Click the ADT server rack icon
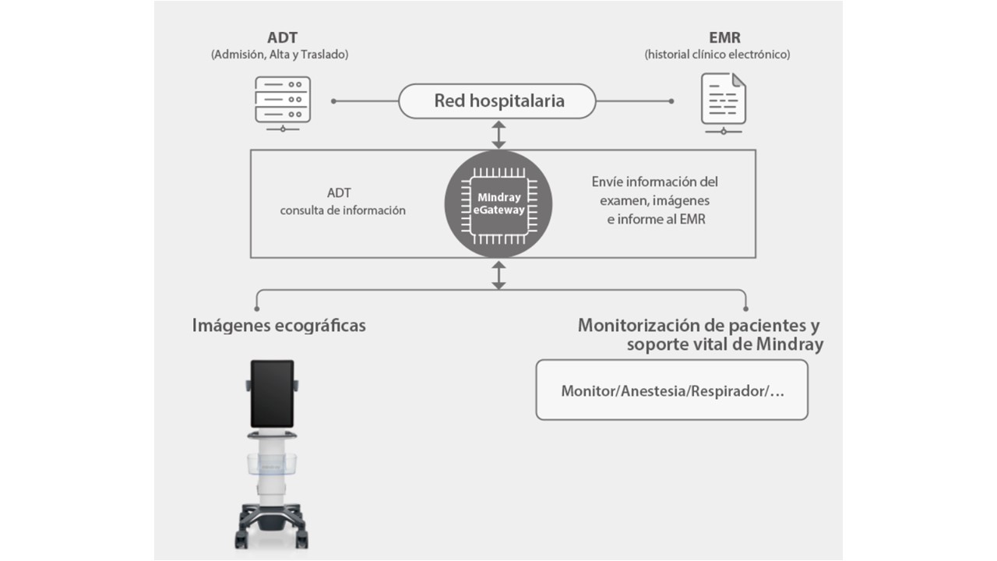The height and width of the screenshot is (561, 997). pos(283,102)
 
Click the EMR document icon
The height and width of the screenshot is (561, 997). pos(723,102)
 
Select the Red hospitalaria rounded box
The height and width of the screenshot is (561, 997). pos(498,101)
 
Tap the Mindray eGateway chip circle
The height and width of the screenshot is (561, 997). pos(498,204)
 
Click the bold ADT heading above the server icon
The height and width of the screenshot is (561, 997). pos(282,37)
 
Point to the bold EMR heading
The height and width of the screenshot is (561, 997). pos(724,37)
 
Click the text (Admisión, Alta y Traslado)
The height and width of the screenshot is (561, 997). pos(280,55)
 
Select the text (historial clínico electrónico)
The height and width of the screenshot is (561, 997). pos(717,55)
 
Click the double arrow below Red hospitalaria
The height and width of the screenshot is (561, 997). pos(498,134)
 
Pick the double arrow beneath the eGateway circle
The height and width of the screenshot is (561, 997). pos(498,275)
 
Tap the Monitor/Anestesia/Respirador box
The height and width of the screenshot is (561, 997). pos(672,390)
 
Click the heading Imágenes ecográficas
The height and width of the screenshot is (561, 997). pos(279,325)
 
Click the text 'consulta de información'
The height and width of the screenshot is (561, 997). pos(343,210)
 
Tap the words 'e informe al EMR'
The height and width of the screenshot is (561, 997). pos(656,220)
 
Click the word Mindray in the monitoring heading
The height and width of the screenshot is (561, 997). pos(789,344)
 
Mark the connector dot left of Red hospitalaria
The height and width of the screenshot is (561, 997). pos(333,101)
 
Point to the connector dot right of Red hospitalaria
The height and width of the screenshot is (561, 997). pos(671,101)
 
